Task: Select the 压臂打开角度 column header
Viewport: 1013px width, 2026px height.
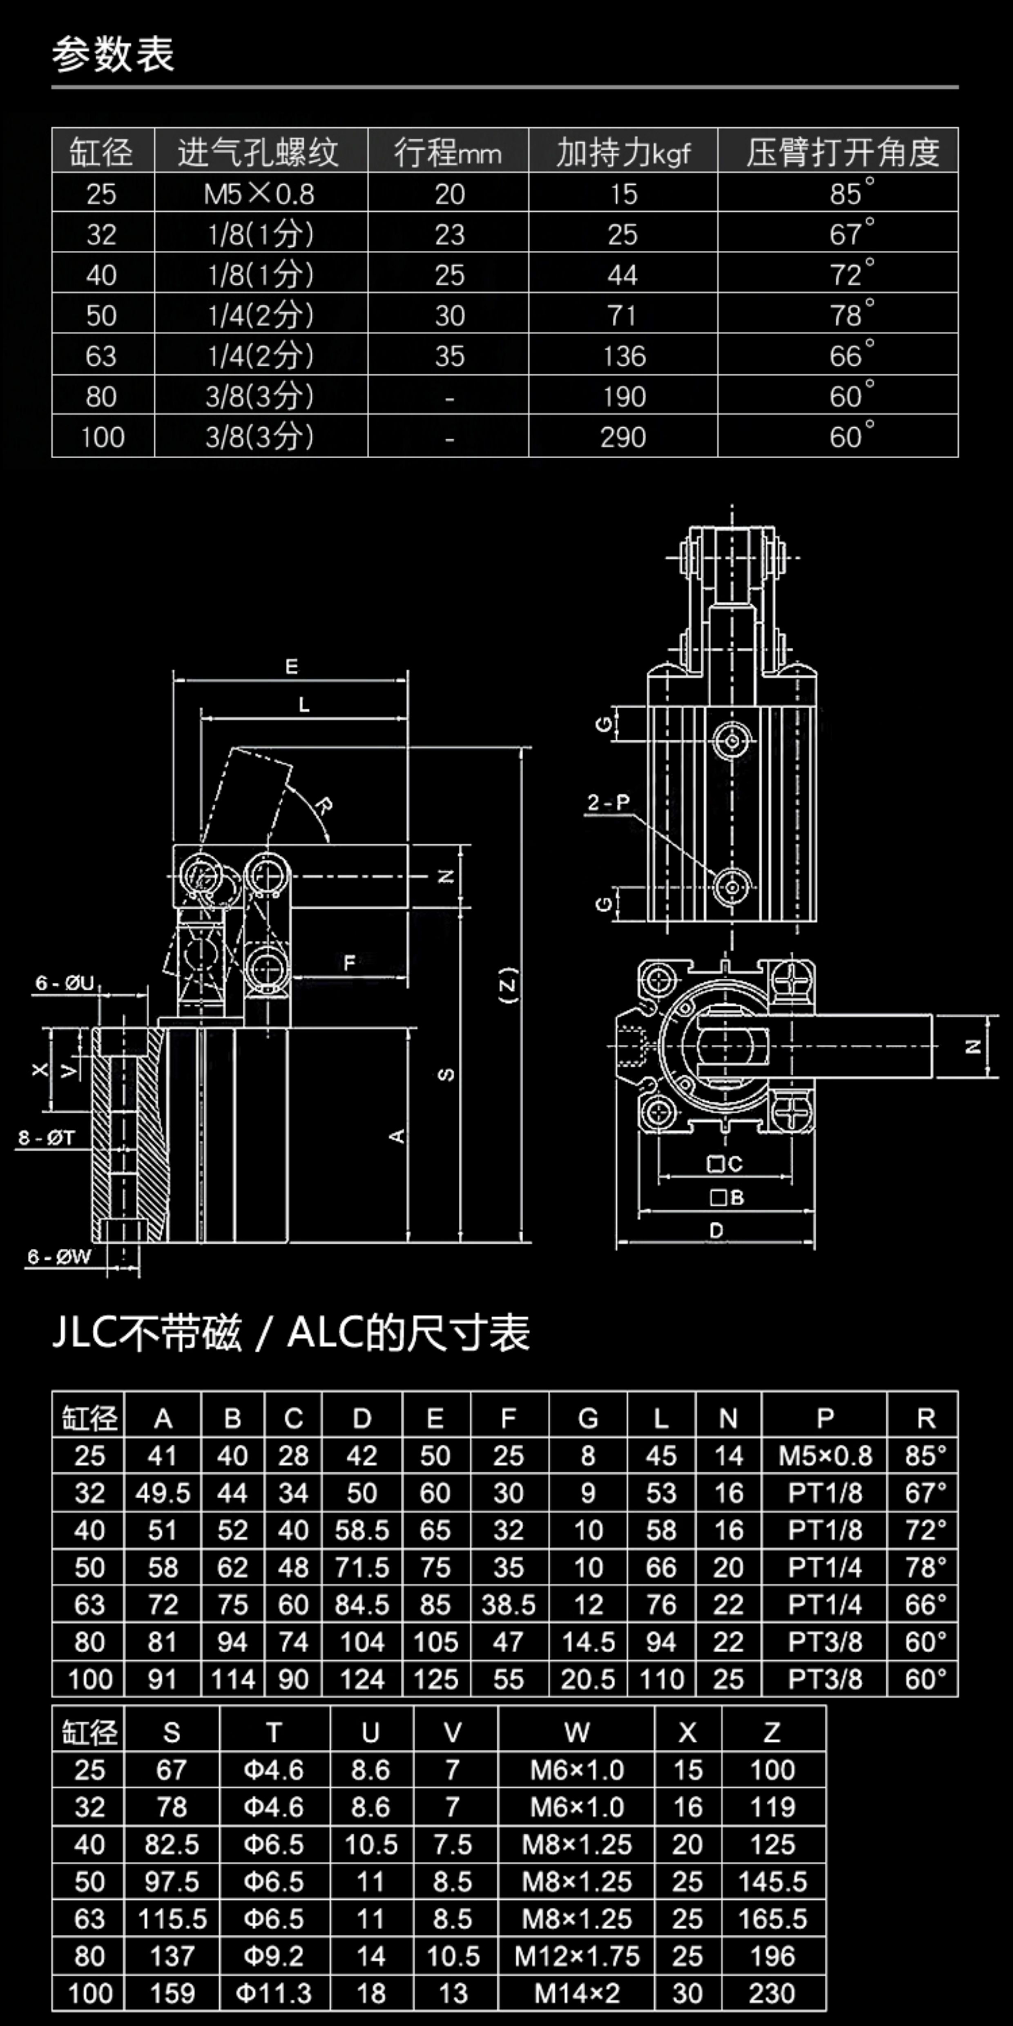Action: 842,152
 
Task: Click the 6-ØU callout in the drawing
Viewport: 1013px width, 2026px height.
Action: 65,982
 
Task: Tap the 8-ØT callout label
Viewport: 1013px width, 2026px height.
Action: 47,1137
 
